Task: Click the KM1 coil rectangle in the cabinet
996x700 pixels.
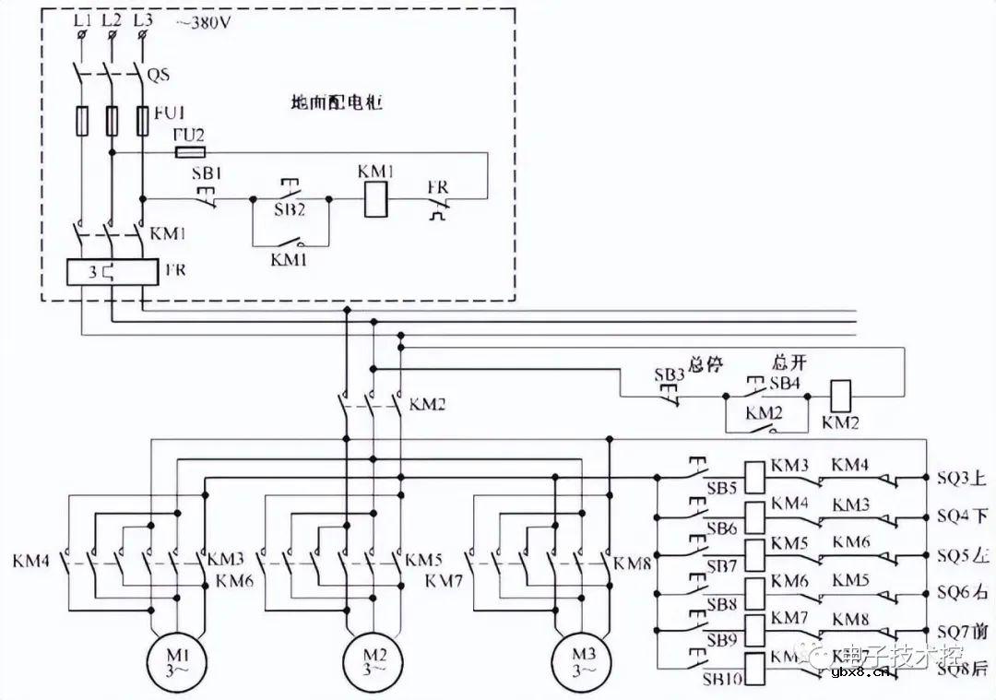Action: coord(374,198)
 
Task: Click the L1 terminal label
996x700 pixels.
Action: coord(81,18)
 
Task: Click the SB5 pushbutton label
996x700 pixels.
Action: coord(722,486)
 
